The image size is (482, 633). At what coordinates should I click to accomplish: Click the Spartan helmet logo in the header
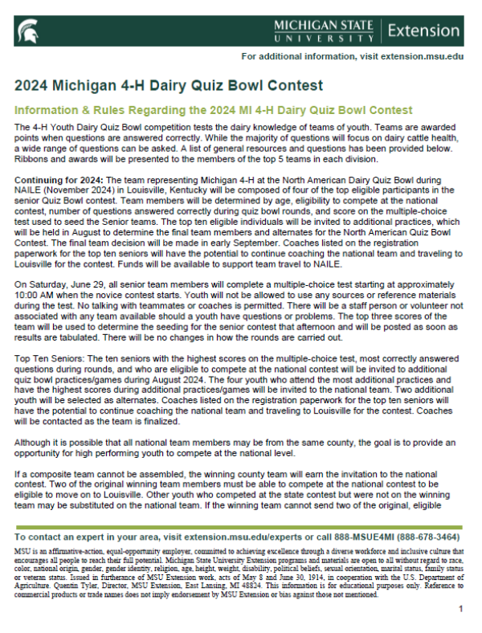(27, 31)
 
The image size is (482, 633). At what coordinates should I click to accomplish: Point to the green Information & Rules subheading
(214, 109)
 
